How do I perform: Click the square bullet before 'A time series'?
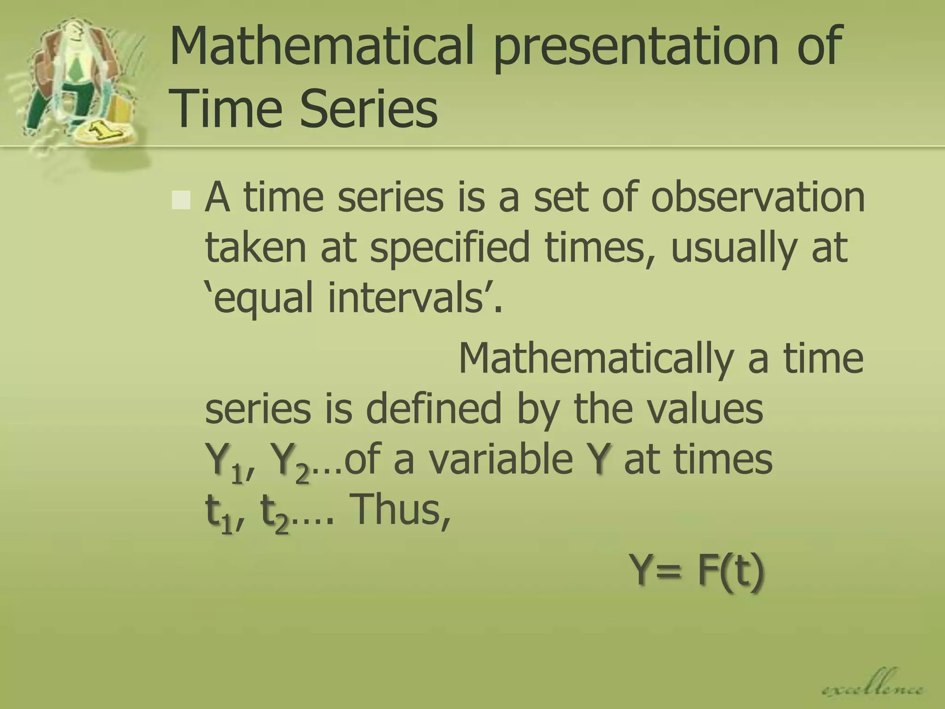[180, 200]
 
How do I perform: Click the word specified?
[449, 249]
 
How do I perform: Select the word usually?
[734, 249]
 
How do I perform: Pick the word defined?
[433, 408]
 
